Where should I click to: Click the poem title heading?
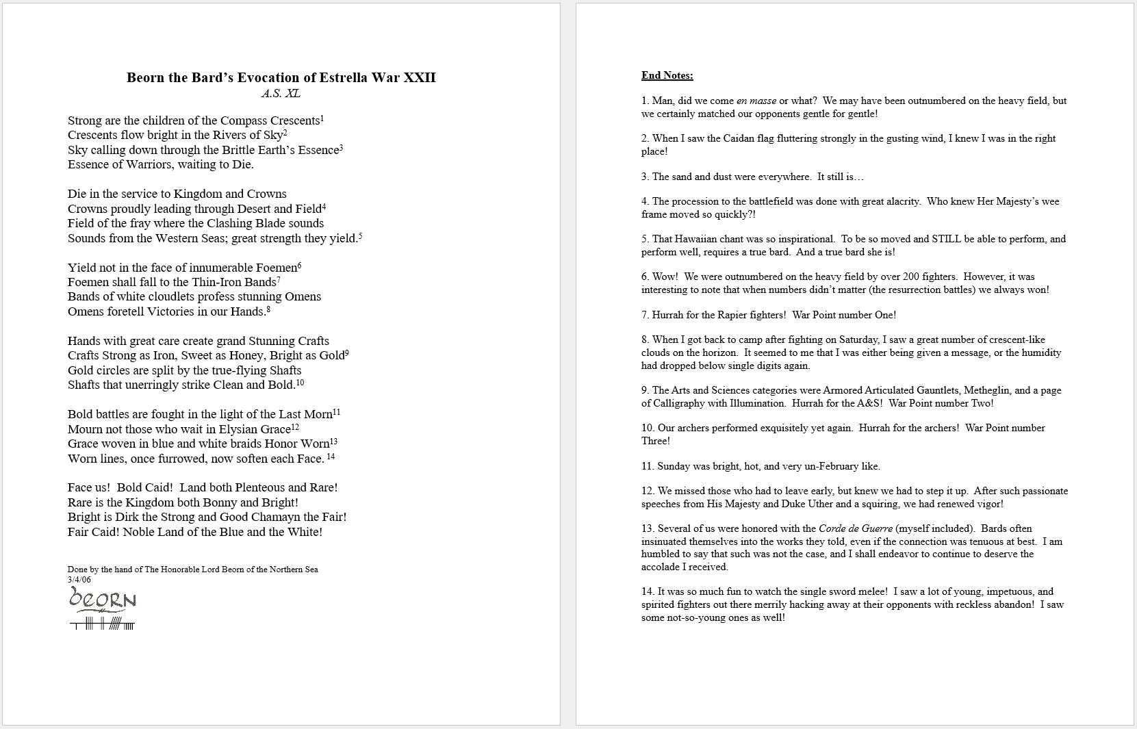click(281, 77)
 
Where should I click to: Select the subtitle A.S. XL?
click(281, 94)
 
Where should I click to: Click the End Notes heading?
click(667, 75)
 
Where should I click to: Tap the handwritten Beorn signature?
click(103, 600)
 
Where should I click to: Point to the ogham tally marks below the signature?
click(103, 624)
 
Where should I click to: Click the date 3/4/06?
click(79, 580)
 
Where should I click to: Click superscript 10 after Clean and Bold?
click(300, 383)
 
